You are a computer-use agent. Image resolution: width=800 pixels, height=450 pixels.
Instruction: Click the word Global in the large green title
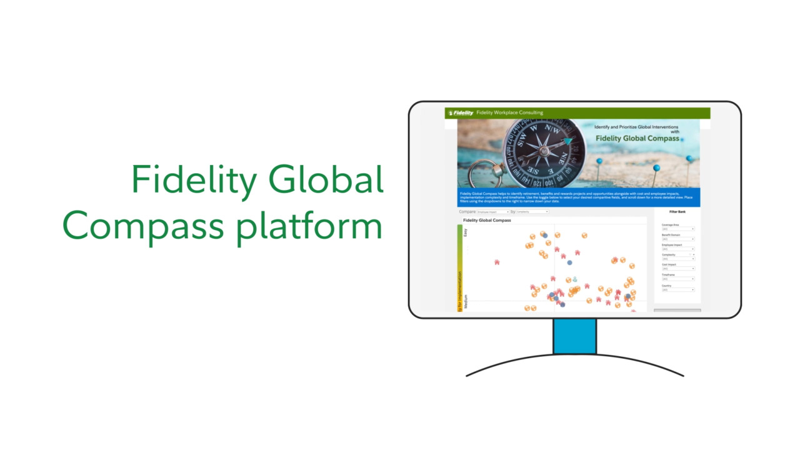pyautogui.click(x=326, y=180)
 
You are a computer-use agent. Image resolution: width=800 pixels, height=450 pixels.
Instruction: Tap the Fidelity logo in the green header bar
pyautogui.click(x=461, y=113)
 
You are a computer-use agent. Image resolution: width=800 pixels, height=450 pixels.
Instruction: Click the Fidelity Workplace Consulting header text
pyautogui.click(x=509, y=113)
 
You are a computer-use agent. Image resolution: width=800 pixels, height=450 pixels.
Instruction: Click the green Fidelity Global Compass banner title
pyautogui.click(x=637, y=139)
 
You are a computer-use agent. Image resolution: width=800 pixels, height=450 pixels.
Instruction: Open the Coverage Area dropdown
pyautogui.click(x=678, y=229)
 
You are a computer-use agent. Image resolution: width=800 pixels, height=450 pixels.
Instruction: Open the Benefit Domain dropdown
pyautogui.click(x=678, y=239)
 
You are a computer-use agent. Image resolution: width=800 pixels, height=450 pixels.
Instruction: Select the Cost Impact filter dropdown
pyautogui.click(x=678, y=269)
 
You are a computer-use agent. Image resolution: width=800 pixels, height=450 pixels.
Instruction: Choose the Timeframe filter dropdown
pyautogui.click(x=678, y=279)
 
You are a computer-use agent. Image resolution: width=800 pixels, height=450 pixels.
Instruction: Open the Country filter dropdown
pyautogui.click(x=678, y=290)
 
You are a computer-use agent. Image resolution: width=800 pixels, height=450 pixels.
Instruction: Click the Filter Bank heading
pyautogui.click(x=677, y=212)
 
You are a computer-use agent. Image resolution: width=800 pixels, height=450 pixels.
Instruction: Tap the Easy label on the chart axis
pyautogui.click(x=466, y=231)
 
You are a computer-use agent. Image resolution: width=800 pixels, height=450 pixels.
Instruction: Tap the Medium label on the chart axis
pyautogui.click(x=466, y=302)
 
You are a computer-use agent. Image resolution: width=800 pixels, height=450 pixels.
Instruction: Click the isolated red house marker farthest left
pyautogui.click(x=497, y=262)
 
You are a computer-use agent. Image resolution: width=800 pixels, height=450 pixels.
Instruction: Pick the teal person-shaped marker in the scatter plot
pyautogui.click(x=575, y=279)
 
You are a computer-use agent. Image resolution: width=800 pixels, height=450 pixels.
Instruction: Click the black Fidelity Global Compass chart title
pyautogui.click(x=487, y=221)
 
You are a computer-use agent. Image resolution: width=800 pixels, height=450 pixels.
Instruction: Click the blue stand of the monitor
pyautogui.click(x=574, y=336)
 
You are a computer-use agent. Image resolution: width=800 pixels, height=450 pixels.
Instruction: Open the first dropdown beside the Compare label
pyautogui.click(x=493, y=212)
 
